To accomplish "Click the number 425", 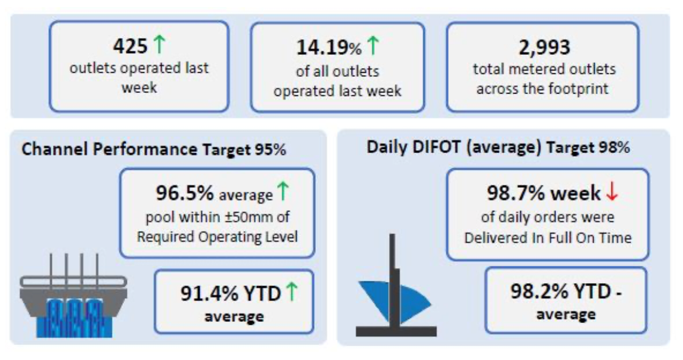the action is click(x=131, y=46).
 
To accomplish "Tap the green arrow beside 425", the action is click(x=160, y=45).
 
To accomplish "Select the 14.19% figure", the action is click(x=329, y=48).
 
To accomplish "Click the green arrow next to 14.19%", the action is click(x=373, y=45).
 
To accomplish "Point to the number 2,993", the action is click(x=545, y=48).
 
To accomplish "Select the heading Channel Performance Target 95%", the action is click(x=154, y=150).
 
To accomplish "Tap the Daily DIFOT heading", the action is click(x=498, y=147).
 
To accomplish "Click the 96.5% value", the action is click(x=185, y=193).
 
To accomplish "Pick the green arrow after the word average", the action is click(x=283, y=191).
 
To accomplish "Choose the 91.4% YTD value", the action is click(x=231, y=293).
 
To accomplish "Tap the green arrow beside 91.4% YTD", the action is click(x=292, y=291).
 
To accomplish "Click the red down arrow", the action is click(x=612, y=191).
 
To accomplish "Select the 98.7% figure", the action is click(x=516, y=193).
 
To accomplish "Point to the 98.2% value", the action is click(x=539, y=291).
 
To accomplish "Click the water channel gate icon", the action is click(x=73, y=296).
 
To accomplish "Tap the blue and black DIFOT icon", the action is click(x=396, y=285).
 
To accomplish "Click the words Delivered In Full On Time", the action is click(x=548, y=238).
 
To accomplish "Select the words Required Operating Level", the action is click(x=218, y=237).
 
